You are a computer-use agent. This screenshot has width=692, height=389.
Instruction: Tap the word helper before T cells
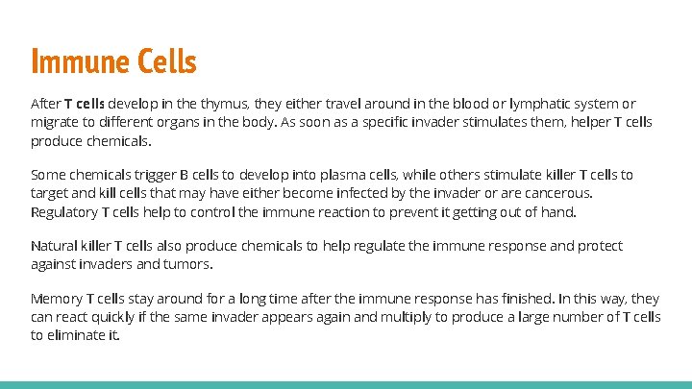571,122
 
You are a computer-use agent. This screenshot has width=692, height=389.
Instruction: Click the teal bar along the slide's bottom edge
346,384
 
